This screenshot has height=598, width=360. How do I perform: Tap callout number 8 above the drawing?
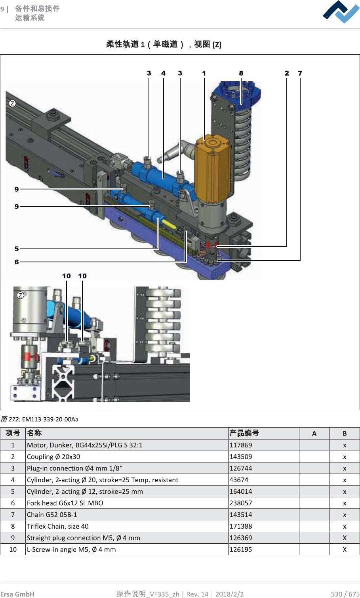241,73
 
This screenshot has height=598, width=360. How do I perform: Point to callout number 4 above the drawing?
163,73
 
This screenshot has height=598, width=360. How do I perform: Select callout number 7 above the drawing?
300,73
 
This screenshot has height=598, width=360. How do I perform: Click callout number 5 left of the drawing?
17,249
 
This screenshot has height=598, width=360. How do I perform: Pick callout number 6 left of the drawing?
17,262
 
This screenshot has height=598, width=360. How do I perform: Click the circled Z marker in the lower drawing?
21,295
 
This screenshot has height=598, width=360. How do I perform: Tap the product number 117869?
241,445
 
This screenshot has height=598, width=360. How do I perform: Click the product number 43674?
239,480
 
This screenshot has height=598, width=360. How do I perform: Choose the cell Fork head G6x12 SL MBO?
65,503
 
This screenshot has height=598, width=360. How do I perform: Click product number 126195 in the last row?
241,549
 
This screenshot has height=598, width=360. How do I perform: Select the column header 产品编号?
244,433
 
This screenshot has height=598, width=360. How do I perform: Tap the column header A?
314,434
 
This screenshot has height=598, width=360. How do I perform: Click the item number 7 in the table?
13,515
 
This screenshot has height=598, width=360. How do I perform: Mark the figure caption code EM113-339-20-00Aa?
50,419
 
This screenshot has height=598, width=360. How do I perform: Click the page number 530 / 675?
345,594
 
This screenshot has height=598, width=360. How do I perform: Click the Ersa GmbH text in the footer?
17,594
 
